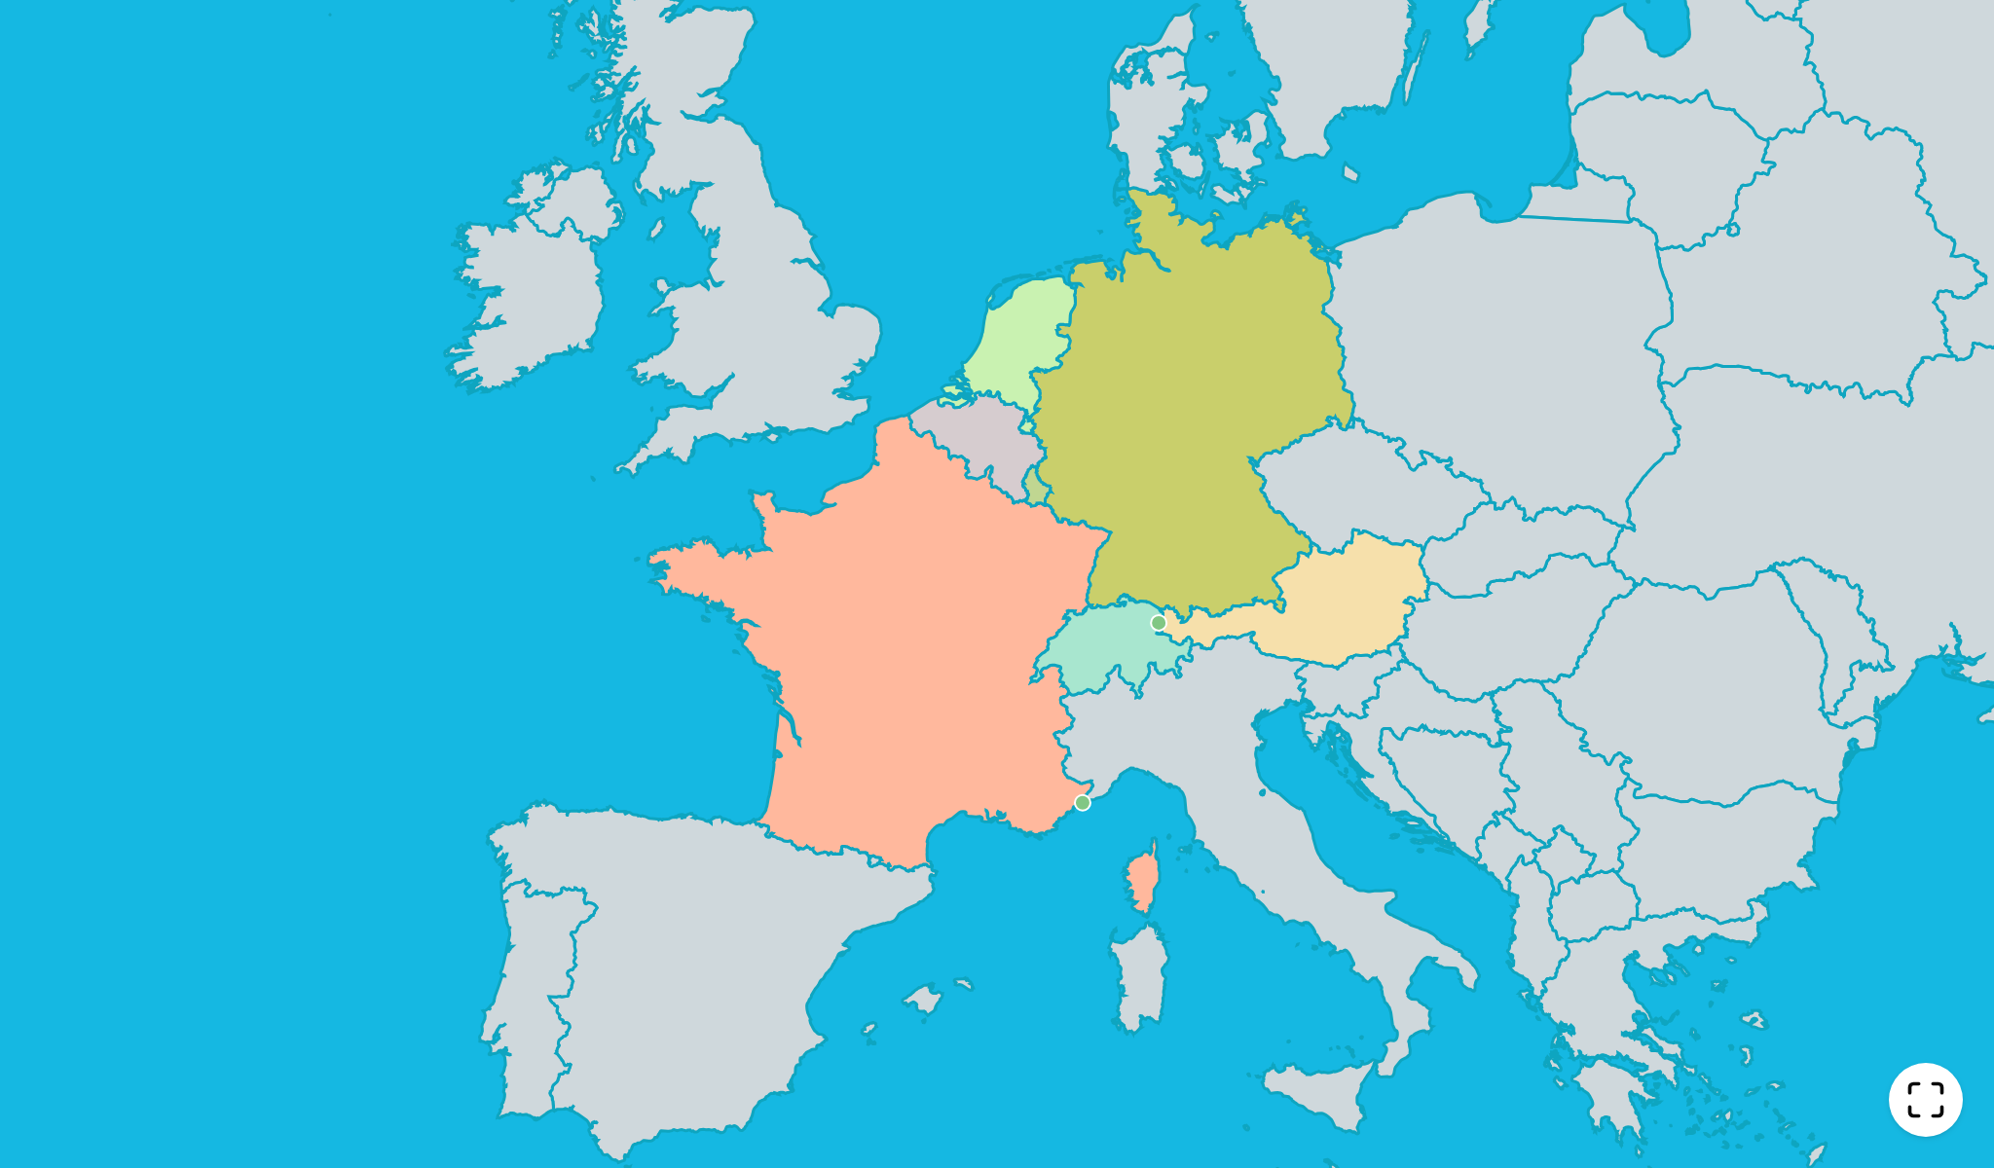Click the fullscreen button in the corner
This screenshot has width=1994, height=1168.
click(x=1925, y=1100)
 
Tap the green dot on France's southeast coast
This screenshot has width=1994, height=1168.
click(x=1082, y=802)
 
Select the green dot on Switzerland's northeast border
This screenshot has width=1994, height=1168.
click(x=1158, y=623)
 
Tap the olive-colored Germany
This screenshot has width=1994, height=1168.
click(x=1188, y=409)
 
